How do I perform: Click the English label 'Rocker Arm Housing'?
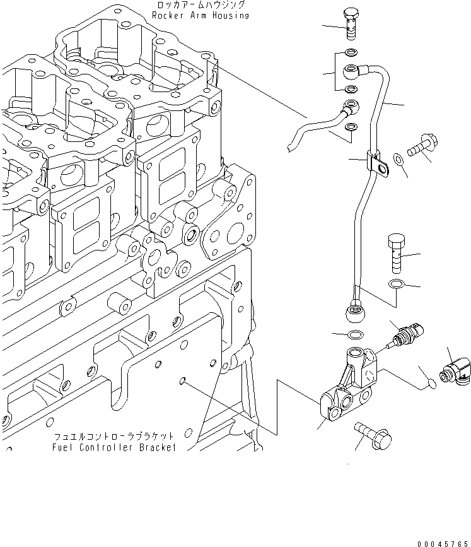[x=199, y=15]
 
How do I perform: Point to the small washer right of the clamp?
[x=398, y=158]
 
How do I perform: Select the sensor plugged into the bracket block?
[x=405, y=332]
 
